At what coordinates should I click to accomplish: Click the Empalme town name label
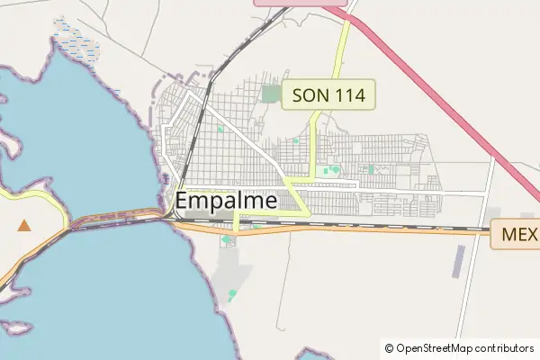[226, 202]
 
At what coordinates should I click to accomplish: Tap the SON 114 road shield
[328, 94]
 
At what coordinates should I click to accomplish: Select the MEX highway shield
[517, 235]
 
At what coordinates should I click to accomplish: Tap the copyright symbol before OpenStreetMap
[389, 347]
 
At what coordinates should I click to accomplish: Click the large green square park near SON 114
[270, 94]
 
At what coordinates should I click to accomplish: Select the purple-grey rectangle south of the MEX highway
[459, 260]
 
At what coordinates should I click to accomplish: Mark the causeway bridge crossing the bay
[117, 217]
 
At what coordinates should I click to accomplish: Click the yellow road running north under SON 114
[343, 49]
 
